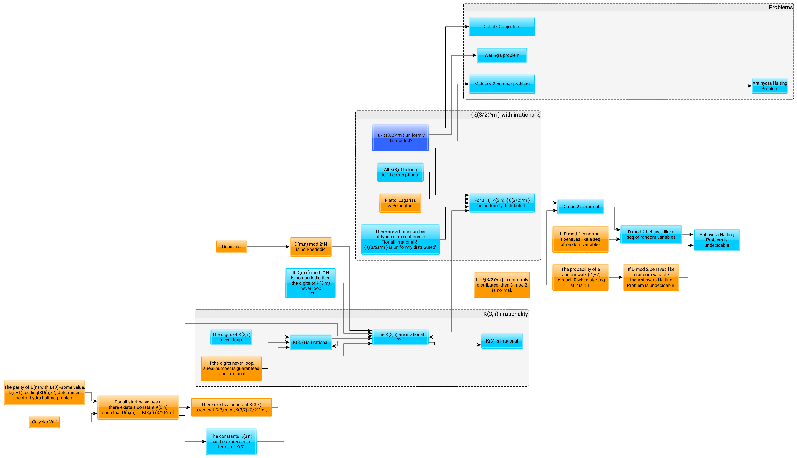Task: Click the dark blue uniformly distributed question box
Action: (400, 138)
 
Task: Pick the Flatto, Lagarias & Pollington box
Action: (400, 203)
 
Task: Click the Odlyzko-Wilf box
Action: (44, 422)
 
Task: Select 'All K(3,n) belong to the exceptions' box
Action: (400, 172)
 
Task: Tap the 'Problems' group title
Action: (780, 7)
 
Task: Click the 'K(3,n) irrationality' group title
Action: (505, 314)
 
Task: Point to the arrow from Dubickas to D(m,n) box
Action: (267, 247)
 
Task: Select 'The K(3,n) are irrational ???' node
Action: (400, 337)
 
